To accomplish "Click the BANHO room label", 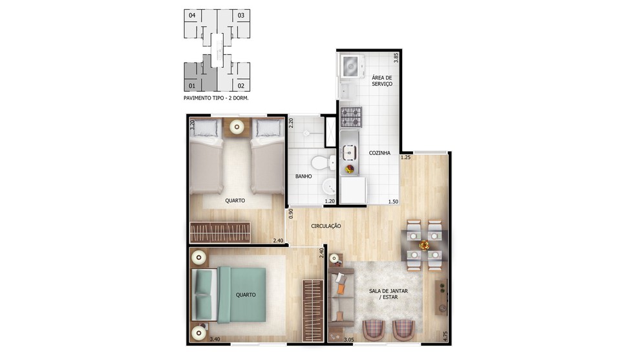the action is click(x=304, y=176).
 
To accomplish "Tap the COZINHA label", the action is click(x=379, y=153).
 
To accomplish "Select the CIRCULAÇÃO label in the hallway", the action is click(x=326, y=226).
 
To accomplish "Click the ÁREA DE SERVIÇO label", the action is click(x=382, y=81).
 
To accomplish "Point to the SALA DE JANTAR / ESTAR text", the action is click(x=388, y=294).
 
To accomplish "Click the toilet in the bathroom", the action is click(x=323, y=163).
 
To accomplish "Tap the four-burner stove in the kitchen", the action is click(x=351, y=117).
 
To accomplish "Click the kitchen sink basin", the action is click(x=349, y=153).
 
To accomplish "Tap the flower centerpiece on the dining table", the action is click(x=424, y=245).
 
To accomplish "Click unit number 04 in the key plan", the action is click(x=192, y=16).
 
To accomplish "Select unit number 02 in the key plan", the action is click(x=241, y=86).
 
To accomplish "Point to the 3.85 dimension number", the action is click(x=396, y=58).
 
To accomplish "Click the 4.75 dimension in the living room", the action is click(x=445, y=336).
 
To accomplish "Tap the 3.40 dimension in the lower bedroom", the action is click(x=215, y=339).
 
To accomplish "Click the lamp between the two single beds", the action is click(x=237, y=127).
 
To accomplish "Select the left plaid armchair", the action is click(x=373, y=330).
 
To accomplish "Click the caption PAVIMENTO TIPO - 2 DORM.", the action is click(x=216, y=98).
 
